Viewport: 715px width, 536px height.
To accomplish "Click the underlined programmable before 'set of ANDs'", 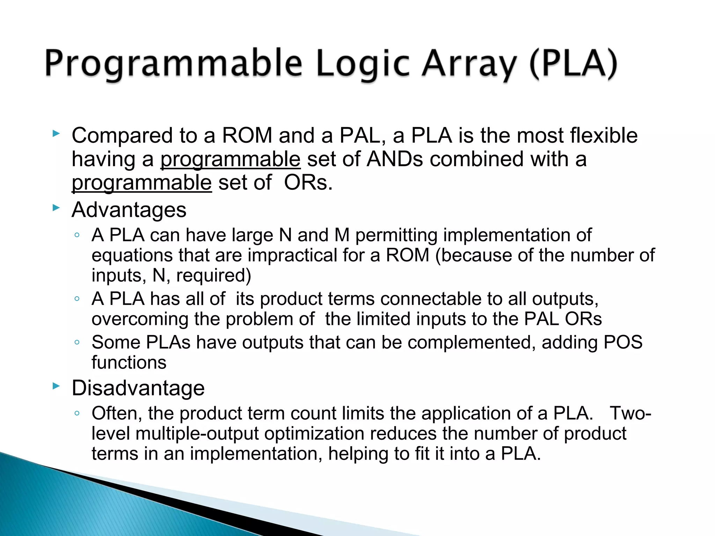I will (x=230, y=159).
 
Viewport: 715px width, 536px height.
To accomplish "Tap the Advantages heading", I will (x=129, y=210).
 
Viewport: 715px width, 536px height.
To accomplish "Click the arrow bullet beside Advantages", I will (x=56, y=208).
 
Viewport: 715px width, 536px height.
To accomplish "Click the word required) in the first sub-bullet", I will (x=214, y=275).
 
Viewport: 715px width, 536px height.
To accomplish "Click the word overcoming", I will (x=140, y=319).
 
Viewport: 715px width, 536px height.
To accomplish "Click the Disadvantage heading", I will (x=138, y=388).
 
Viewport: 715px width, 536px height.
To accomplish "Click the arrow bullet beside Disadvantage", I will (x=56, y=386).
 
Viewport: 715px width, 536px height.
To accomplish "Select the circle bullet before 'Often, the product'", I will (x=77, y=414).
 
